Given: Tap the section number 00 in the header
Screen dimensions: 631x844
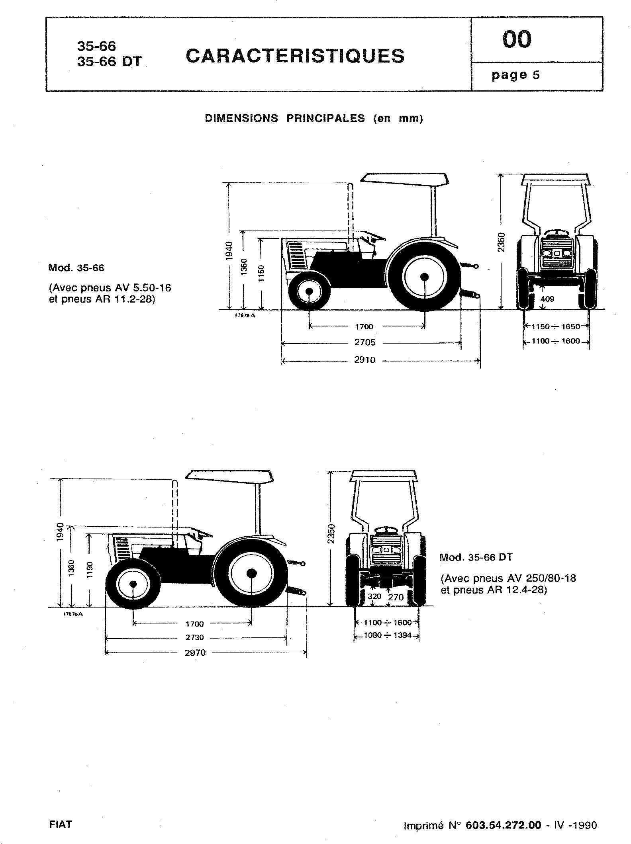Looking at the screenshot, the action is point(517,39).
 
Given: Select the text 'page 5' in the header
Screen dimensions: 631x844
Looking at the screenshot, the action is point(515,75).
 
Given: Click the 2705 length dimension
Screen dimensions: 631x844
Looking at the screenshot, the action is point(365,342).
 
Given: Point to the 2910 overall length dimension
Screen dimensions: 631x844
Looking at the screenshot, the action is point(365,360).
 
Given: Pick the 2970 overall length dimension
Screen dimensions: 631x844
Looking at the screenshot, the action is point(195,653).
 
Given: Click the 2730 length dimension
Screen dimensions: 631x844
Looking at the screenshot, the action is point(194,637).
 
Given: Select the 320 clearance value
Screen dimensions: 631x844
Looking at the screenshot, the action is point(374,596).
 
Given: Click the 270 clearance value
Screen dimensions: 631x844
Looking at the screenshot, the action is point(396,597).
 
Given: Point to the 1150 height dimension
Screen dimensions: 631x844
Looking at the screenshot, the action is point(261,273).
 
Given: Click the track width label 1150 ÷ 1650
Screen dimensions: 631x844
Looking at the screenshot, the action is point(556,327).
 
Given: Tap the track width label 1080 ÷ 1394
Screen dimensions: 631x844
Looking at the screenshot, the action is point(388,635).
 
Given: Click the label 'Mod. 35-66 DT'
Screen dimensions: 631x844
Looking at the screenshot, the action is point(476,557).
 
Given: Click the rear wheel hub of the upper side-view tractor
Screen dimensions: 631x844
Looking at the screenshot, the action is point(425,276).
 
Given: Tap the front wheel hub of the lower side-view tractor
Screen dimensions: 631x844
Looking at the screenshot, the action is point(133,584).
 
